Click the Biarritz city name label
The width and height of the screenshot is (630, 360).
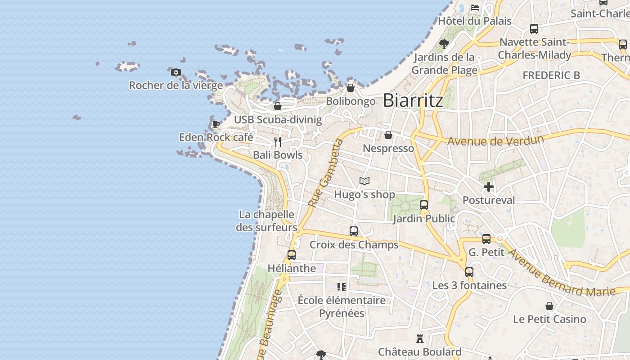[413, 100]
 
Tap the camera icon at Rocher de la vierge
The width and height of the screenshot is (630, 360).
[176, 72]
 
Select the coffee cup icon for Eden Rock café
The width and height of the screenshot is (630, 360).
[216, 124]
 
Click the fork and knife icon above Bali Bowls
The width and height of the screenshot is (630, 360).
[278, 142]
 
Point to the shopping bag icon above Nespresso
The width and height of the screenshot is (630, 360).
[388, 135]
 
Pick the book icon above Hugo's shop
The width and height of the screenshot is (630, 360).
[364, 181]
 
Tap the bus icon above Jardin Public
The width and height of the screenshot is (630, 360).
[424, 205]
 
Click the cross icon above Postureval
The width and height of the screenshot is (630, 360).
[489, 187]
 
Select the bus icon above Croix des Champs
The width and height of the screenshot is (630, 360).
[354, 231]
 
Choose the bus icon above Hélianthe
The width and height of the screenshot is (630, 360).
[292, 255]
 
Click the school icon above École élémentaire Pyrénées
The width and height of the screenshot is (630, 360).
[342, 287]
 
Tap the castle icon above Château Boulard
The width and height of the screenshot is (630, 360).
[420, 338]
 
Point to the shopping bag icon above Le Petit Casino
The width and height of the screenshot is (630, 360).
[549, 306]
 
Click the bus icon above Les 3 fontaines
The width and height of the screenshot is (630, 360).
[469, 272]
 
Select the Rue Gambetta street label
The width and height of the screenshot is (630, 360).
[326, 173]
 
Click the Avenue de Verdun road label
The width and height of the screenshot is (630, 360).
[495, 140]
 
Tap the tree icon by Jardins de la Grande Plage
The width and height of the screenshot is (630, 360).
[444, 44]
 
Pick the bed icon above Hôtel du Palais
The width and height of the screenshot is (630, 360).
[475, 8]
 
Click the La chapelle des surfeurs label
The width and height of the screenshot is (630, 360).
[267, 221]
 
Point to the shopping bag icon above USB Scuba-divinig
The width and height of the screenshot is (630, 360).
[278, 106]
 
